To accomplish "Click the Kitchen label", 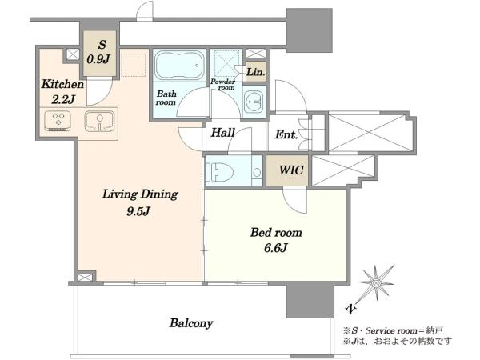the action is [62, 84].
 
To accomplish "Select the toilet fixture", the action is [220, 171].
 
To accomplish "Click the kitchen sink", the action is [99, 122].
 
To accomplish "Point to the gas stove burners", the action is [58, 121].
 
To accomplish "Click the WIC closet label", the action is [291, 170].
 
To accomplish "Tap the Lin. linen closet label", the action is [256, 72].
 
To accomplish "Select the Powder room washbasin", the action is [254, 101].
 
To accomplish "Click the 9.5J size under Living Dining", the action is [138, 211].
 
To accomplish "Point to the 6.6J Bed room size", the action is [276, 247].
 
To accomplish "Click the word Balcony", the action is [191, 323].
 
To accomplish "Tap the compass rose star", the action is [376, 283].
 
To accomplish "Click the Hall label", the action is [222, 133].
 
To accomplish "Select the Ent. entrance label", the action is [286, 134].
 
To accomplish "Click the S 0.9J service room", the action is [100, 53].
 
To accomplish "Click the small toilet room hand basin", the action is [257, 173].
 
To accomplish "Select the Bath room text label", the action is [166, 98].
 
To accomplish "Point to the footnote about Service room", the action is [393, 330].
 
